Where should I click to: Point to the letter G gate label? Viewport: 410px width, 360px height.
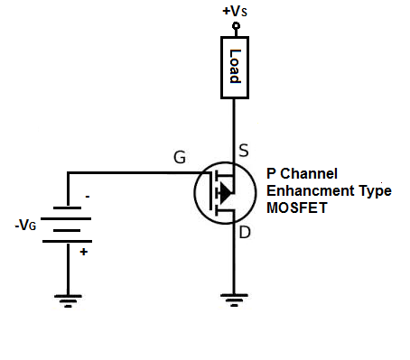click(x=181, y=158)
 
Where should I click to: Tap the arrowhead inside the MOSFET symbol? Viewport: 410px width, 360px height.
click(x=226, y=191)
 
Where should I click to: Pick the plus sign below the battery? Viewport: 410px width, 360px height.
click(x=85, y=253)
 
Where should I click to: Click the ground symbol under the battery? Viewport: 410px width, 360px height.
click(x=68, y=300)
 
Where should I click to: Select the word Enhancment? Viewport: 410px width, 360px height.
click(x=308, y=190)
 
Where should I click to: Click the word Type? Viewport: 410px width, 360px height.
click(x=372, y=190)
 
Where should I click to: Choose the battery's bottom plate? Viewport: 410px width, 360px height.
click(x=68, y=241)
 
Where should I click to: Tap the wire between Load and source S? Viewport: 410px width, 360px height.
click(x=234, y=126)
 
